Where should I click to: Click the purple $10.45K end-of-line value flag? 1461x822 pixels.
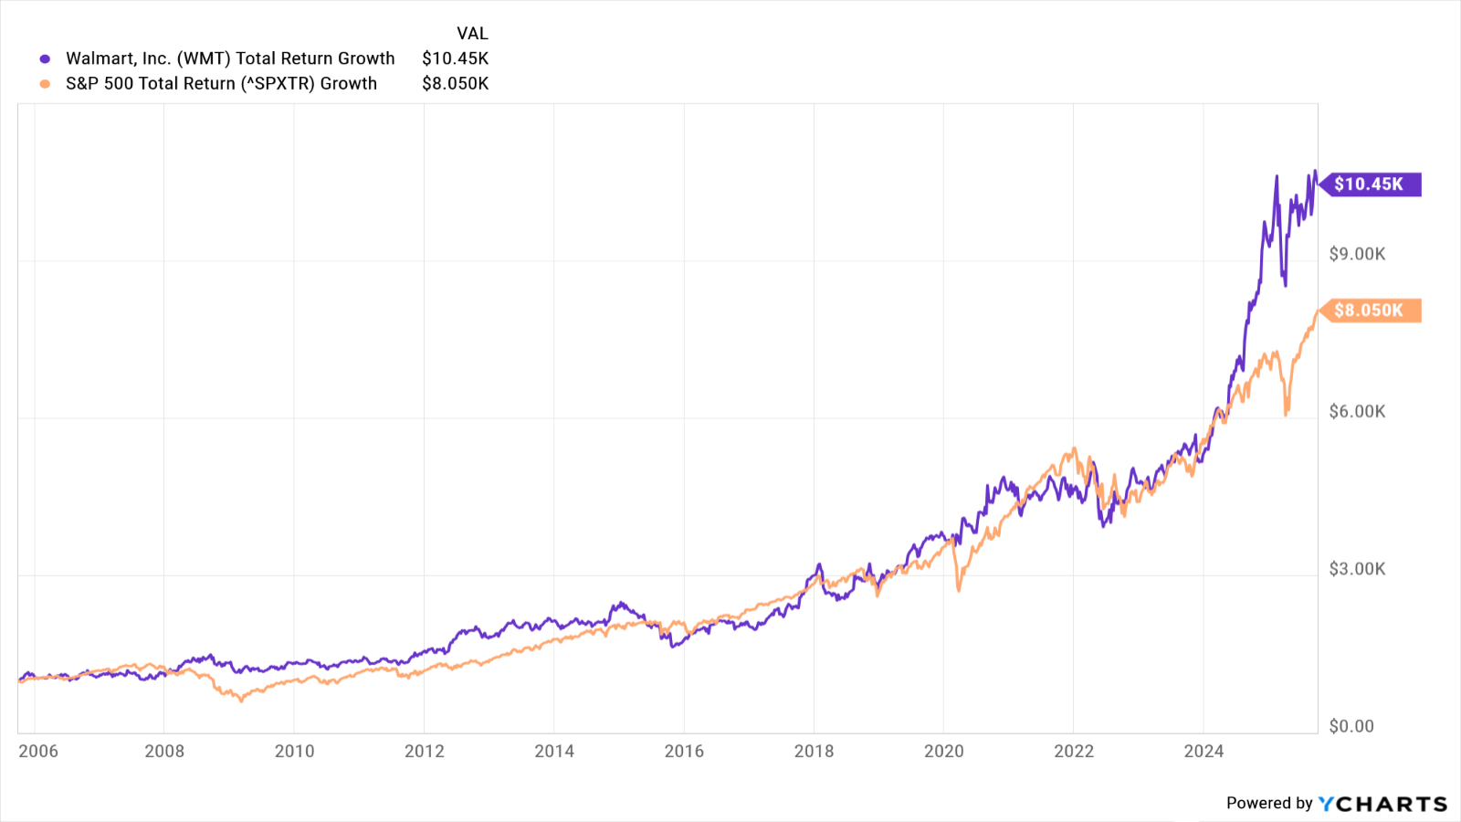pos(1371,184)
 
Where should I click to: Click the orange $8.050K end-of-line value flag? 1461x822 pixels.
pos(1371,311)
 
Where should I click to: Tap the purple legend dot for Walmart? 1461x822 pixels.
pos(45,59)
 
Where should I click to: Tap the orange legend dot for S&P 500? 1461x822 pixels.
pos(45,84)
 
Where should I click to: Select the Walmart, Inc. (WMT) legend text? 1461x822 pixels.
pos(230,58)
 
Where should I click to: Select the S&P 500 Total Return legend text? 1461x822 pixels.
pos(221,83)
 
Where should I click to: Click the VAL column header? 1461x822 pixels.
pos(472,34)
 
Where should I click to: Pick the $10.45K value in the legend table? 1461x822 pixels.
pos(455,58)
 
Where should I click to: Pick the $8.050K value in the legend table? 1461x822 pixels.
pos(455,83)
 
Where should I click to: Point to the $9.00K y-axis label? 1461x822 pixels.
pos(1357,254)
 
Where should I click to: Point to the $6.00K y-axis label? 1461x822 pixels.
pos(1357,412)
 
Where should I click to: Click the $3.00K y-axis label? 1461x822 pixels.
pos(1357,569)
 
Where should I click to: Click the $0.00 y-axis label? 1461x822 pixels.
pos(1351,726)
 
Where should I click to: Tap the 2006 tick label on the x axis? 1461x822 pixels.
pos(38,751)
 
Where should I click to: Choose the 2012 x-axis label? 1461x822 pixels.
pos(425,751)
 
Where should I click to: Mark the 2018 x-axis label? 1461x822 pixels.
pos(814,751)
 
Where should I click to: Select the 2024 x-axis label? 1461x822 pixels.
pos(1203,751)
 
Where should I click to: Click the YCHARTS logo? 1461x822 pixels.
pos(1382,804)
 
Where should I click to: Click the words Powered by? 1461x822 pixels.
pos(1268,804)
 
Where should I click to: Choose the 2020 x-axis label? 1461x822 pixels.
pos(943,751)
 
